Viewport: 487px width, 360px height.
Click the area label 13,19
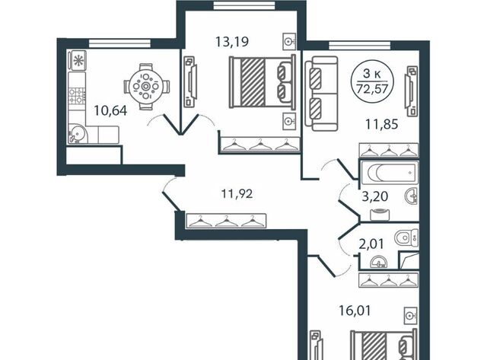point(231,41)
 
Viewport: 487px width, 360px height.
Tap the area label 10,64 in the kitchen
point(110,110)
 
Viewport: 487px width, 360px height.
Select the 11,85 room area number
point(381,124)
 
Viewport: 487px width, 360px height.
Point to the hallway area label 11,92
point(237,194)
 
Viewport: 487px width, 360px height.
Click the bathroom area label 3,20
point(375,196)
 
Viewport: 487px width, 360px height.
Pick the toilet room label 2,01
point(371,244)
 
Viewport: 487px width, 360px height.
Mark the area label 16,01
point(355,311)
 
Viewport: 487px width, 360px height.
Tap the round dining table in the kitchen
point(145,86)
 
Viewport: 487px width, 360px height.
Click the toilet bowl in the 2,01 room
point(406,238)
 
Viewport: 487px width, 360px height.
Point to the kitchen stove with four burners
point(77,96)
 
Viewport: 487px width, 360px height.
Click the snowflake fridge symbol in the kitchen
point(77,61)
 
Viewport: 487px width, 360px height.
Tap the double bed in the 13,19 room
point(262,81)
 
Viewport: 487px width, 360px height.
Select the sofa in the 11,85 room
point(321,94)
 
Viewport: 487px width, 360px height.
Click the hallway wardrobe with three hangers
point(226,221)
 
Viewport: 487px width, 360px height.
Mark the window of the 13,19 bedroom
point(244,5)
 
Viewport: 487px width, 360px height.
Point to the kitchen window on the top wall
point(120,43)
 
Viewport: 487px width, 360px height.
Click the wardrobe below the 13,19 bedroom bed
point(259,144)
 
